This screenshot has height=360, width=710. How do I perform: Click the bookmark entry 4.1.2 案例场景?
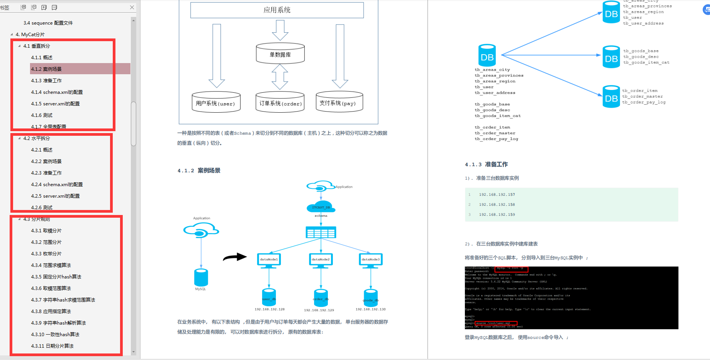pos(46,69)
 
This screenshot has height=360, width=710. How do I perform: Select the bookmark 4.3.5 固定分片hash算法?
pos(56,277)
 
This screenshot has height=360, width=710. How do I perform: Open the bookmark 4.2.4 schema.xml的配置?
pos(57,185)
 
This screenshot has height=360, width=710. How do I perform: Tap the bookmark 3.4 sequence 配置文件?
pos(48,23)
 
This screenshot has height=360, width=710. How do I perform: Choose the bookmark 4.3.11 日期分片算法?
pos(52,346)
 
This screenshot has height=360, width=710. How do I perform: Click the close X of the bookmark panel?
pos(132,7)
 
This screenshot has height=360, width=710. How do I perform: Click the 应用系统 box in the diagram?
pos(277,10)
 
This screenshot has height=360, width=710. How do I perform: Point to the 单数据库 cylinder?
pos(280,54)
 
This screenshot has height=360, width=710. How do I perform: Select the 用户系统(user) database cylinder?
pos(216,102)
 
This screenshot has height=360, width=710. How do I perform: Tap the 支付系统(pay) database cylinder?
pos(339,102)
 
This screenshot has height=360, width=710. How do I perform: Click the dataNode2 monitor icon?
pos(321,260)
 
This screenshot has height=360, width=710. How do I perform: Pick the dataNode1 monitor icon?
pos(269,260)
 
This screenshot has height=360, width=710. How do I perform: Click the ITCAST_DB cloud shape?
pos(321,207)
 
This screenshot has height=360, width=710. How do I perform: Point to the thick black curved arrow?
pos(235,257)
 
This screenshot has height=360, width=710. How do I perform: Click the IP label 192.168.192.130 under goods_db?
pos(370,309)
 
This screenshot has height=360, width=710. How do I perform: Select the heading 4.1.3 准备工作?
pos(486,165)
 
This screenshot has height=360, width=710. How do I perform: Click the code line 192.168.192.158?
pos(497,205)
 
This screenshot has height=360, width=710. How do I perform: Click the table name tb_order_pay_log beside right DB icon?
pos(644,102)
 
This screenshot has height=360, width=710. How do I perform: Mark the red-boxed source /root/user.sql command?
pos(496,323)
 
